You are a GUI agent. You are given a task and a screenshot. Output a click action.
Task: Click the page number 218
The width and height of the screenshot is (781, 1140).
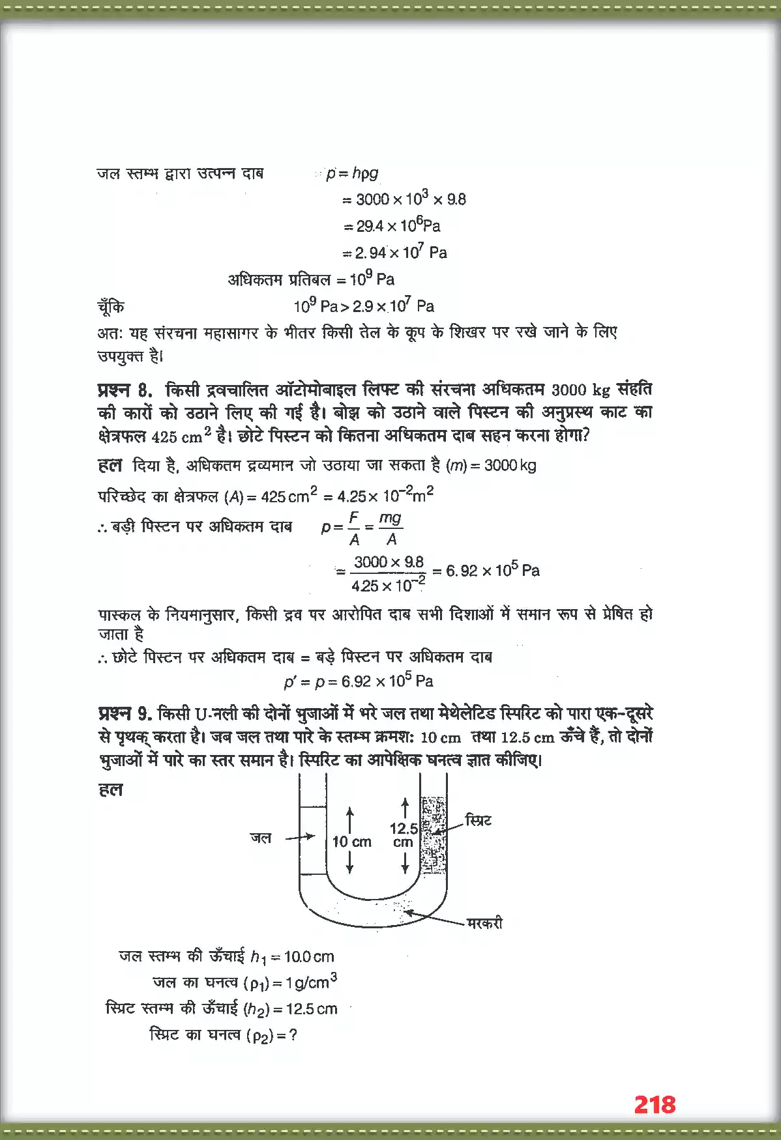655,1104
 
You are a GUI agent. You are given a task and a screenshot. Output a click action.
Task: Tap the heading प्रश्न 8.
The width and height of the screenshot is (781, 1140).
125,390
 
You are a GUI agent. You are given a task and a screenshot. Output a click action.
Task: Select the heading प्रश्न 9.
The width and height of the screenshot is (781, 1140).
125,714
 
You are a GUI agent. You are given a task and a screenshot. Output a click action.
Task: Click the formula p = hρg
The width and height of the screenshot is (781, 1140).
352,173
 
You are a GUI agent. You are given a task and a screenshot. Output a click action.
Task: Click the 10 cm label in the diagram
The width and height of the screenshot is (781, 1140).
352,842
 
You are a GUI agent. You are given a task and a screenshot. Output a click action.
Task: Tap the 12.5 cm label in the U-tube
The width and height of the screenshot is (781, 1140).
404,834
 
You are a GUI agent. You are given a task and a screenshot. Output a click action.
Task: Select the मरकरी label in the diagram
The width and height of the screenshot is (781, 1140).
485,923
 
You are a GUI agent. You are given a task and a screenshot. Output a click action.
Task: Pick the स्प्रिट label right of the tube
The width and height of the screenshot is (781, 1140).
478,820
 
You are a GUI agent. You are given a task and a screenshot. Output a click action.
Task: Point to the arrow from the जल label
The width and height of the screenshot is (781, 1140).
301,837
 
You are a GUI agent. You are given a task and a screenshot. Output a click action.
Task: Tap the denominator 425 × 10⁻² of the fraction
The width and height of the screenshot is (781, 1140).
388,585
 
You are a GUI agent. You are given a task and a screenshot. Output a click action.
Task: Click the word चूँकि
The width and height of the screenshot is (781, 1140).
110,307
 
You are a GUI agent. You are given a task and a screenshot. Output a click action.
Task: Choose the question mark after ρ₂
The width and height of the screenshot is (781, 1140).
293,1035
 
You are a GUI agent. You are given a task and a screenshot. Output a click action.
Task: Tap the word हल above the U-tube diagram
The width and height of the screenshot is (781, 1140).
110,790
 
